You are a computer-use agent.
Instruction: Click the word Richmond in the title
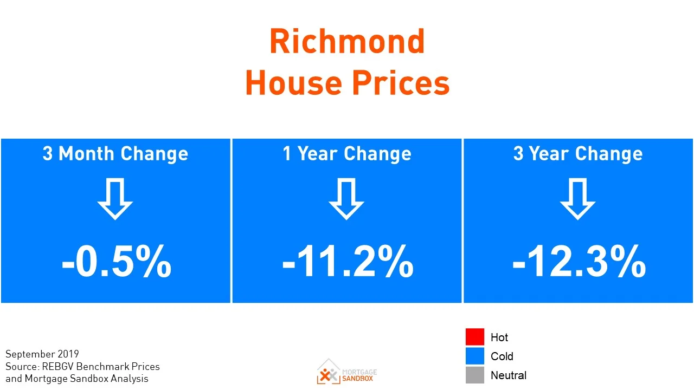pos(347,42)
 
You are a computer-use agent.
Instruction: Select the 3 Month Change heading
pos(115,154)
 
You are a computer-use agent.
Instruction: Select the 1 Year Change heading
pos(347,154)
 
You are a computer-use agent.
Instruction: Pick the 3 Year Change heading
pos(578,154)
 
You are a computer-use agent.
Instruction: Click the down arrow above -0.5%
pos(115,199)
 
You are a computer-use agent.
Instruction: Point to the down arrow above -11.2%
pos(346,199)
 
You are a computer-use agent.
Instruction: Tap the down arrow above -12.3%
pos(577,199)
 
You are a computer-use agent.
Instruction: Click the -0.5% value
pos(116,262)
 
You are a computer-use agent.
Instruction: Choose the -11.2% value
pos(348,262)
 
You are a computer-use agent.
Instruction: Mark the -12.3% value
pos(579,262)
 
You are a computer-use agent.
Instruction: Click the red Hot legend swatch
pos(474,337)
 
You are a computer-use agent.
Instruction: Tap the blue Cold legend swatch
pos(474,356)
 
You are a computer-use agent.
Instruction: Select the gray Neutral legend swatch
pos(474,375)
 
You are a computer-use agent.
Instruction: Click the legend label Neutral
pos(508,375)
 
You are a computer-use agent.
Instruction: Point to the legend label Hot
pos(499,337)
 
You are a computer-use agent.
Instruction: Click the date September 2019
pos(42,354)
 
